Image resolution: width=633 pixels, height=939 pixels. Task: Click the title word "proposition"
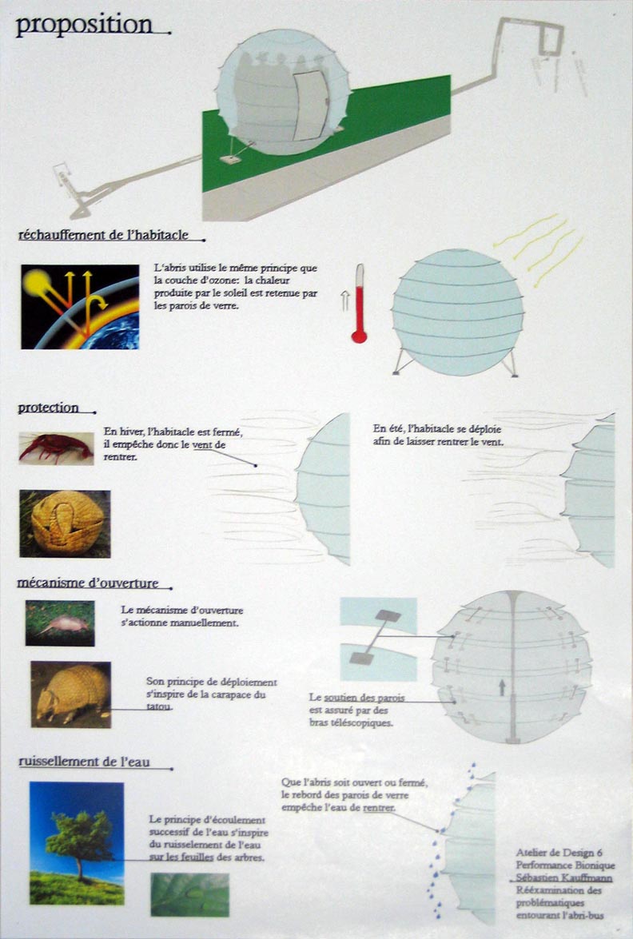[x=84, y=26]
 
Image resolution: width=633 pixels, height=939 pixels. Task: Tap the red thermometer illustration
[x=360, y=304]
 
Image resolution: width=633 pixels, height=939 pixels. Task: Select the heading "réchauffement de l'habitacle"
[x=103, y=235]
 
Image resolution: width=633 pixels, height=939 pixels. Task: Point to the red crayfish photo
[x=56, y=448]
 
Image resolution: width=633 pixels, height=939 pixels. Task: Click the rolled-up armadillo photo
[x=65, y=524]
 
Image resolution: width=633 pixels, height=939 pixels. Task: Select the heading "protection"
[x=49, y=408]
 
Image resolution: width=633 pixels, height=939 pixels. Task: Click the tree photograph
[x=77, y=843]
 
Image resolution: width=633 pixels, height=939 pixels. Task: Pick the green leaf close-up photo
[x=190, y=895]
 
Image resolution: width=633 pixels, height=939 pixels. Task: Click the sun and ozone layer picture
[x=80, y=307]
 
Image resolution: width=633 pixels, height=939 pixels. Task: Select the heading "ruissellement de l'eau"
[x=84, y=762]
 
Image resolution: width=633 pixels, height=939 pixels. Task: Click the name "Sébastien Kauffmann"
[x=564, y=878]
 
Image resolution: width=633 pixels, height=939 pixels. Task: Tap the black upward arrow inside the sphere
[x=502, y=687]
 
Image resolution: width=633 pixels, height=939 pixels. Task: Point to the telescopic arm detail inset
[x=379, y=639]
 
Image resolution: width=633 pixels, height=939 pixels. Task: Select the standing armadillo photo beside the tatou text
[x=70, y=694]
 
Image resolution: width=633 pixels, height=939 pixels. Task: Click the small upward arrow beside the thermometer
[x=345, y=300]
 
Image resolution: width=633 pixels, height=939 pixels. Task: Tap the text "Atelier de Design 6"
[x=559, y=853]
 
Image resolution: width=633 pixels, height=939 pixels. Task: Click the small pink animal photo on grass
[x=60, y=623]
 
